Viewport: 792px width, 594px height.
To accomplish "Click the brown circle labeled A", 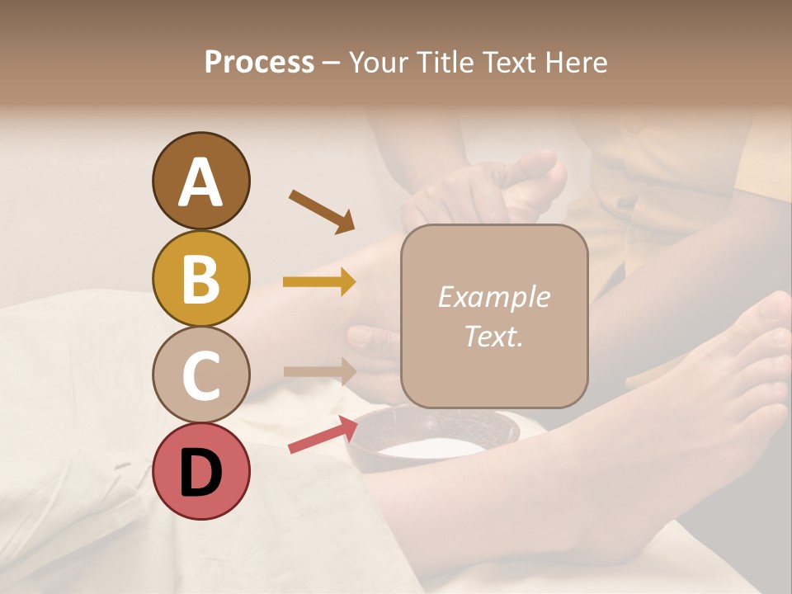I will [x=200, y=181].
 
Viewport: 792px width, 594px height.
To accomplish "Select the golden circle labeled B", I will [x=200, y=278].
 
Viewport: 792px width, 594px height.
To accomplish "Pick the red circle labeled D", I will [x=200, y=471].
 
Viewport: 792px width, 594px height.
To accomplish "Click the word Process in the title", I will [x=259, y=62].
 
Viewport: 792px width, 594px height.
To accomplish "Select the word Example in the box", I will [x=493, y=297].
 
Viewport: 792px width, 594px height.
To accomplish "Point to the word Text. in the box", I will [x=493, y=336].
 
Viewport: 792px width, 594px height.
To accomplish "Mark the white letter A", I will [x=200, y=182].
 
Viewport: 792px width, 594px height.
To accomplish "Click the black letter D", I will [x=200, y=473].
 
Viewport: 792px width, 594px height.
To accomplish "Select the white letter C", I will [x=200, y=376].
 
